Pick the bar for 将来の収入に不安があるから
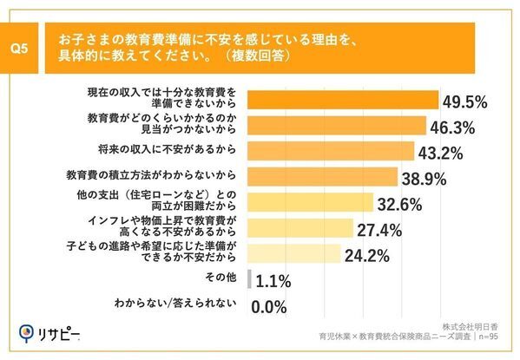pyautogui.click(x=331, y=153)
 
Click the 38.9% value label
pyautogui.click(x=424, y=179)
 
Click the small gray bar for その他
pyautogui.click(x=250, y=280)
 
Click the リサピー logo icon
pyautogui.click(x=29, y=333)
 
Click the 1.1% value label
pyautogui.click(x=273, y=281)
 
